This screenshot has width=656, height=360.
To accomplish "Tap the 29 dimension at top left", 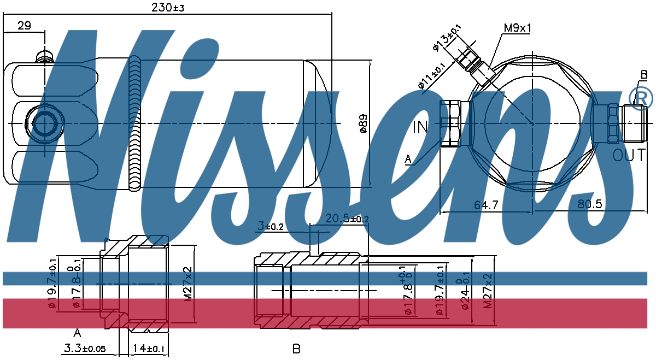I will click(24, 25).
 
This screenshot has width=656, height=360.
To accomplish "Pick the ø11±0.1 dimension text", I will click(431, 76).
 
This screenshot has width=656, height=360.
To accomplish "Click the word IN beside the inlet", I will click(421, 127).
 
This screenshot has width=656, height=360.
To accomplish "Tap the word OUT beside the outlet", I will click(629, 156).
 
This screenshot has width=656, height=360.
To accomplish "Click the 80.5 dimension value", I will click(589, 204).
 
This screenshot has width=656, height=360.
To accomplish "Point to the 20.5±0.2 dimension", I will click(347, 219).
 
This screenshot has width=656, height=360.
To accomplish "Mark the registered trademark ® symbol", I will click(641, 97).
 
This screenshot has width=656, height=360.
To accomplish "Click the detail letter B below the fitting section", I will click(296, 349).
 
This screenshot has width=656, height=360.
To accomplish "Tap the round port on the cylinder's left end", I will click(44, 123).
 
